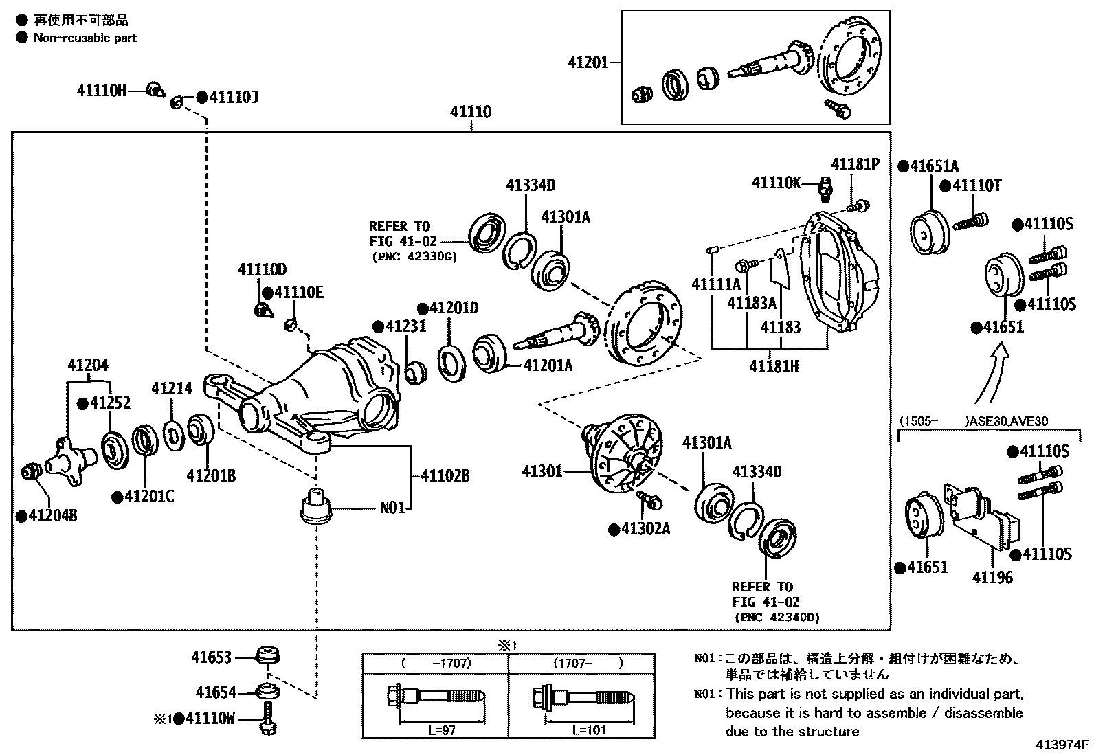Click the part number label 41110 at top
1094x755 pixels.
[x=471, y=112]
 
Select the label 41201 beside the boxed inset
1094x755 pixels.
[x=588, y=63]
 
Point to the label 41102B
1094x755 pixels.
[x=445, y=475]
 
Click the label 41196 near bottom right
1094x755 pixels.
[x=992, y=577]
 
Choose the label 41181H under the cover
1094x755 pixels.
[x=773, y=366]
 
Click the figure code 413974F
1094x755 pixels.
[x=1063, y=744]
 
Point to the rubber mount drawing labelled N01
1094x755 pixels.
[x=316, y=507]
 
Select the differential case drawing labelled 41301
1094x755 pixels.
[x=621, y=451]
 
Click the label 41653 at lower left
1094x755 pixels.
[x=212, y=657]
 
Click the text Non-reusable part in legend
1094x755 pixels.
[x=85, y=38]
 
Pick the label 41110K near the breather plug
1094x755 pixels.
[x=777, y=183]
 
